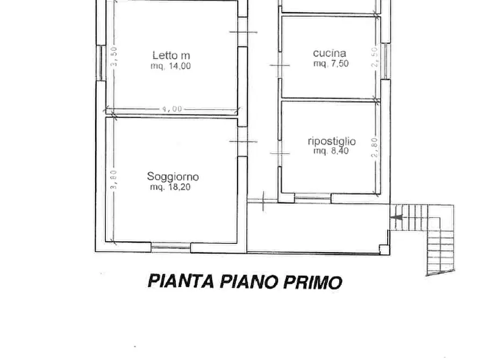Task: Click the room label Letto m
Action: click(x=171, y=55)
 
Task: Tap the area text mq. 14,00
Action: click(x=170, y=66)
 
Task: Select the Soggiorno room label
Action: click(x=173, y=177)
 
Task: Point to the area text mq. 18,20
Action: click(x=170, y=188)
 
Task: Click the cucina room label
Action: click(x=329, y=53)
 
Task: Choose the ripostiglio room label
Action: click(x=331, y=141)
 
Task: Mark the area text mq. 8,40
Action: click(x=331, y=152)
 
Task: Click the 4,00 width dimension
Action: click(x=172, y=109)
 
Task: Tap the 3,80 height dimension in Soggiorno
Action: click(x=113, y=180)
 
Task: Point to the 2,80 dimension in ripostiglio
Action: click(x=375, y=147)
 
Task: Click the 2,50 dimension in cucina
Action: click(x=375, y=57)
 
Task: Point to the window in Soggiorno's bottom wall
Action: click(x=171, y=247)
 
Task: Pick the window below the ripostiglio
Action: click(x=312, y=198)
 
